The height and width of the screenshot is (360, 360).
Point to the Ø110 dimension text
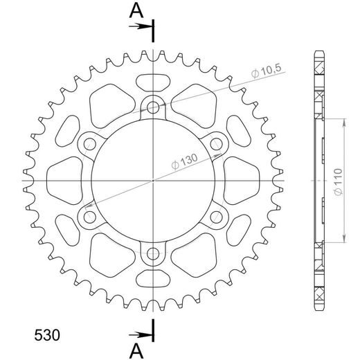click(x=334, y=181)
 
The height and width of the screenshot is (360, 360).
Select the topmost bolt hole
click(x=153, y=107)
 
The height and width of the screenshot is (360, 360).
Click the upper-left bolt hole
click(x=89, y=144)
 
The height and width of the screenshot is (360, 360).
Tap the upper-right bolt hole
click(x=217, y=144)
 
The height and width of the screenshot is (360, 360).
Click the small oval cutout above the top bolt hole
click(x=153, y=81)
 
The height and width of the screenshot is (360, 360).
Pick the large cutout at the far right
click(x=239, y=181)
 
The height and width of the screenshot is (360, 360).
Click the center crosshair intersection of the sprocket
click(x=153, y=181)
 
